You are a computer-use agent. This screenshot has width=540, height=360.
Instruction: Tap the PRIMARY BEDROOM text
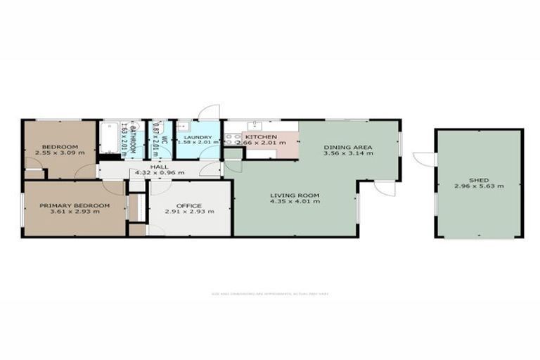pos(75,205)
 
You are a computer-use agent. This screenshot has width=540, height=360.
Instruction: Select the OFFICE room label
pos(189,205)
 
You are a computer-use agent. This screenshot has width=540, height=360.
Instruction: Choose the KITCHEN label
pos(260,136)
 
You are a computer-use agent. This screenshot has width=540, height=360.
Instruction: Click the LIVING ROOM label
pos(295,195)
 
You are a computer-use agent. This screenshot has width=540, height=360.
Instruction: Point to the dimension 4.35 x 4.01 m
pos(295,202)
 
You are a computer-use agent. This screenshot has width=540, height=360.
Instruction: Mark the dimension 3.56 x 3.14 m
pos(347,153)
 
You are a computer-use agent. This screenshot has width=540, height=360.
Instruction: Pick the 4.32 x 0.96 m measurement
pos(158,173)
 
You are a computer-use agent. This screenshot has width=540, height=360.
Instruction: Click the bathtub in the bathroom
pos(110,139)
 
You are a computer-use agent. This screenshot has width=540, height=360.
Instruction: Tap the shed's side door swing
pos(424,160)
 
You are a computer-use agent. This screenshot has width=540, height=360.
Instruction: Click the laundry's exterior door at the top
pos(210,112)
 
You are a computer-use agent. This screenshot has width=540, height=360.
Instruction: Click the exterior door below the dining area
pos(385,188)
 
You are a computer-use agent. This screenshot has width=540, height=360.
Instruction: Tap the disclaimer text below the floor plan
pos(269,293)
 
